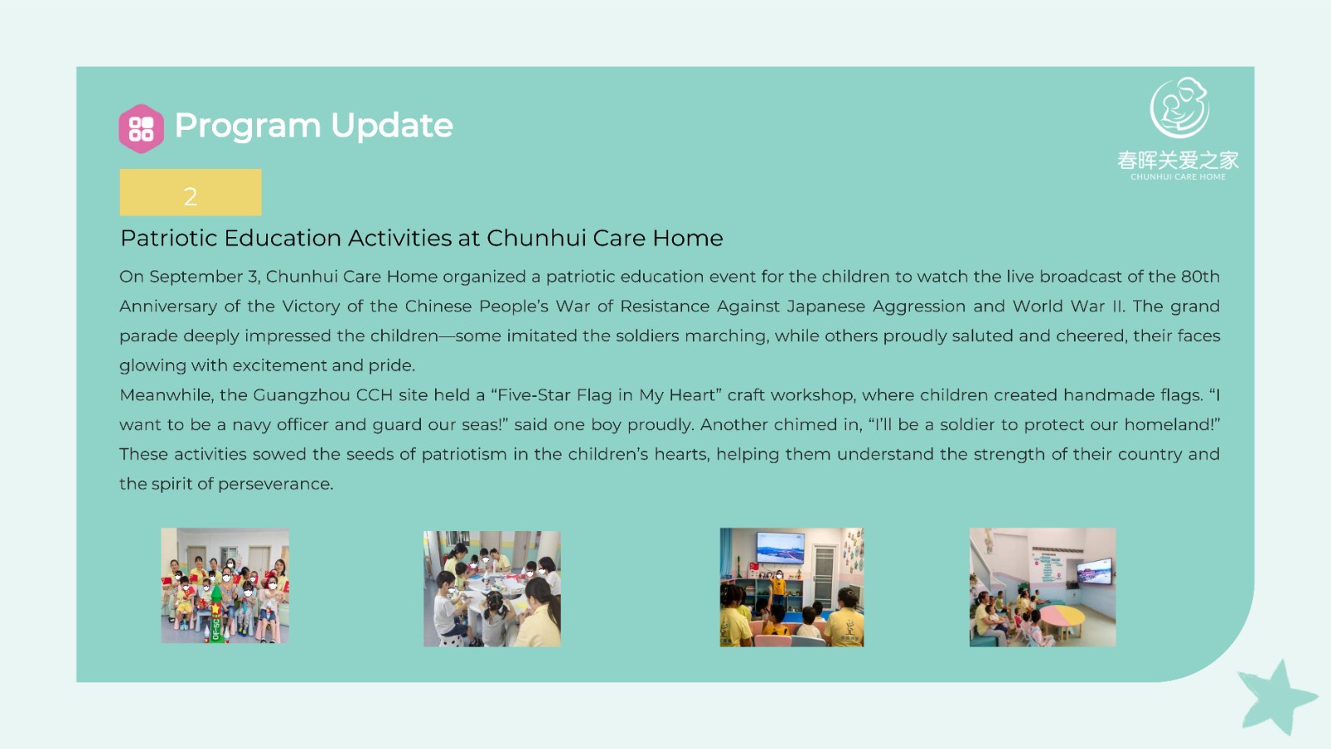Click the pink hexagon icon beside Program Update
tap(141, 128)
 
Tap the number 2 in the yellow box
tap(190, 196)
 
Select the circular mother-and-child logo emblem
tap(1179, 107)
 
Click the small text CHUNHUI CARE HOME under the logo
tap(1178, 176)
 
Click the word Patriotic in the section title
tap(169, 238)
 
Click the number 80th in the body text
tap(1200, 276)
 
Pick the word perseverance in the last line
tap(275, 484)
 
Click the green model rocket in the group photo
tap(215, 613)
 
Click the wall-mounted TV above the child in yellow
tap(780, 548)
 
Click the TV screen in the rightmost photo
tap(1094, 571)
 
